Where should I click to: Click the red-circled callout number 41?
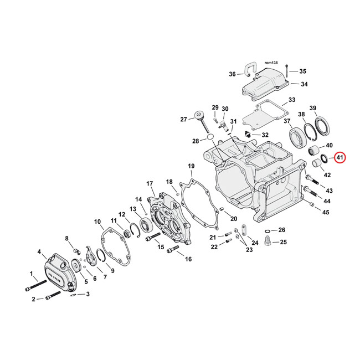pos(340,158)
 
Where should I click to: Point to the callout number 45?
pos(326,212)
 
